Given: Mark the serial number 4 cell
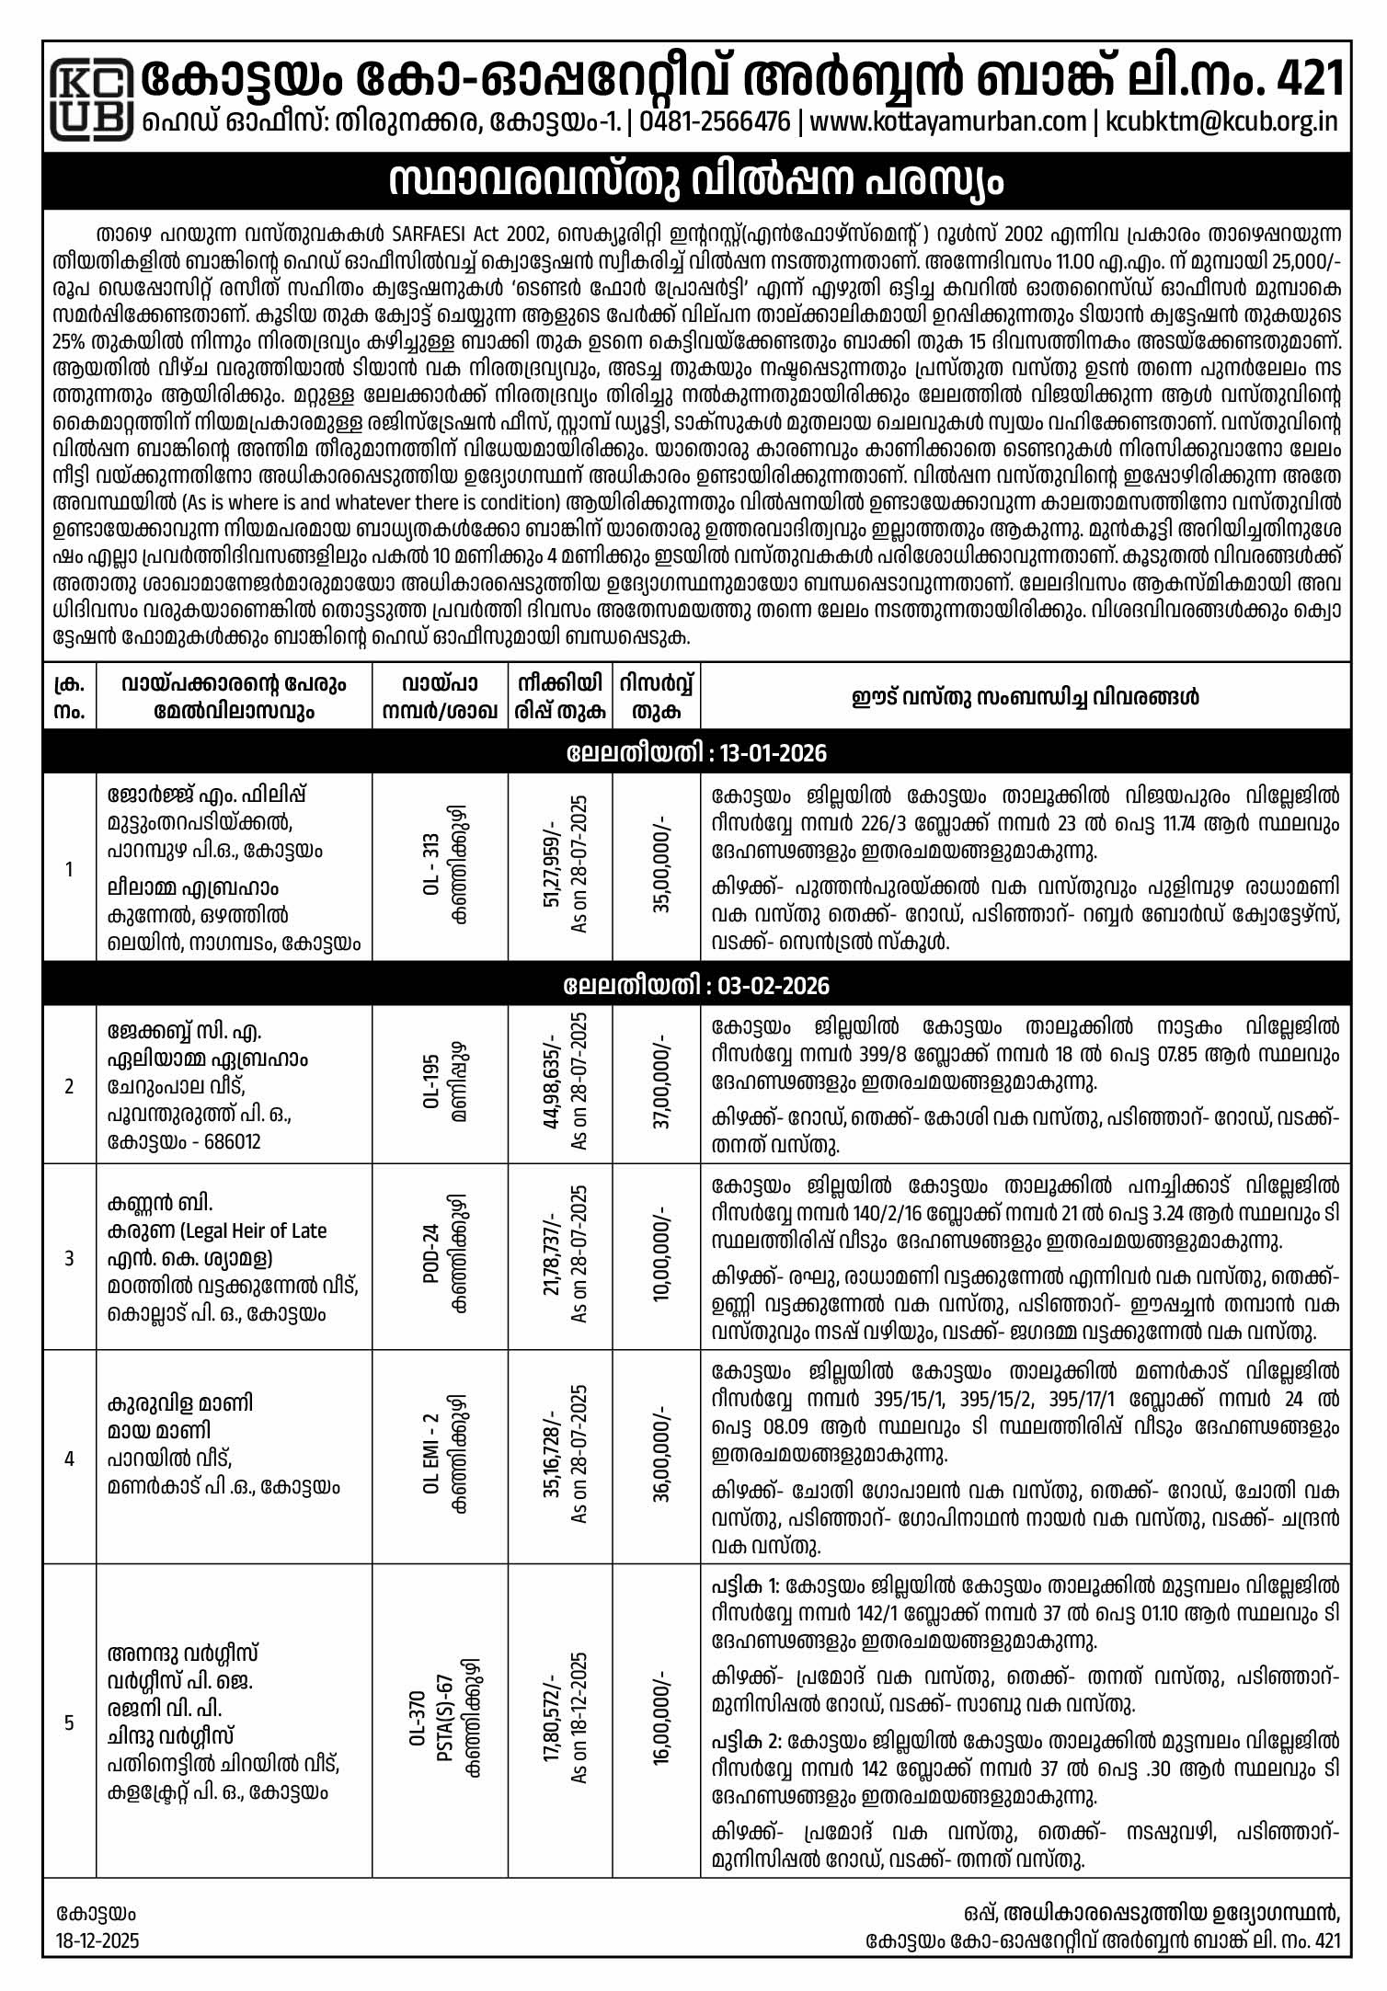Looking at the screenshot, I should coord(69,1457).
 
